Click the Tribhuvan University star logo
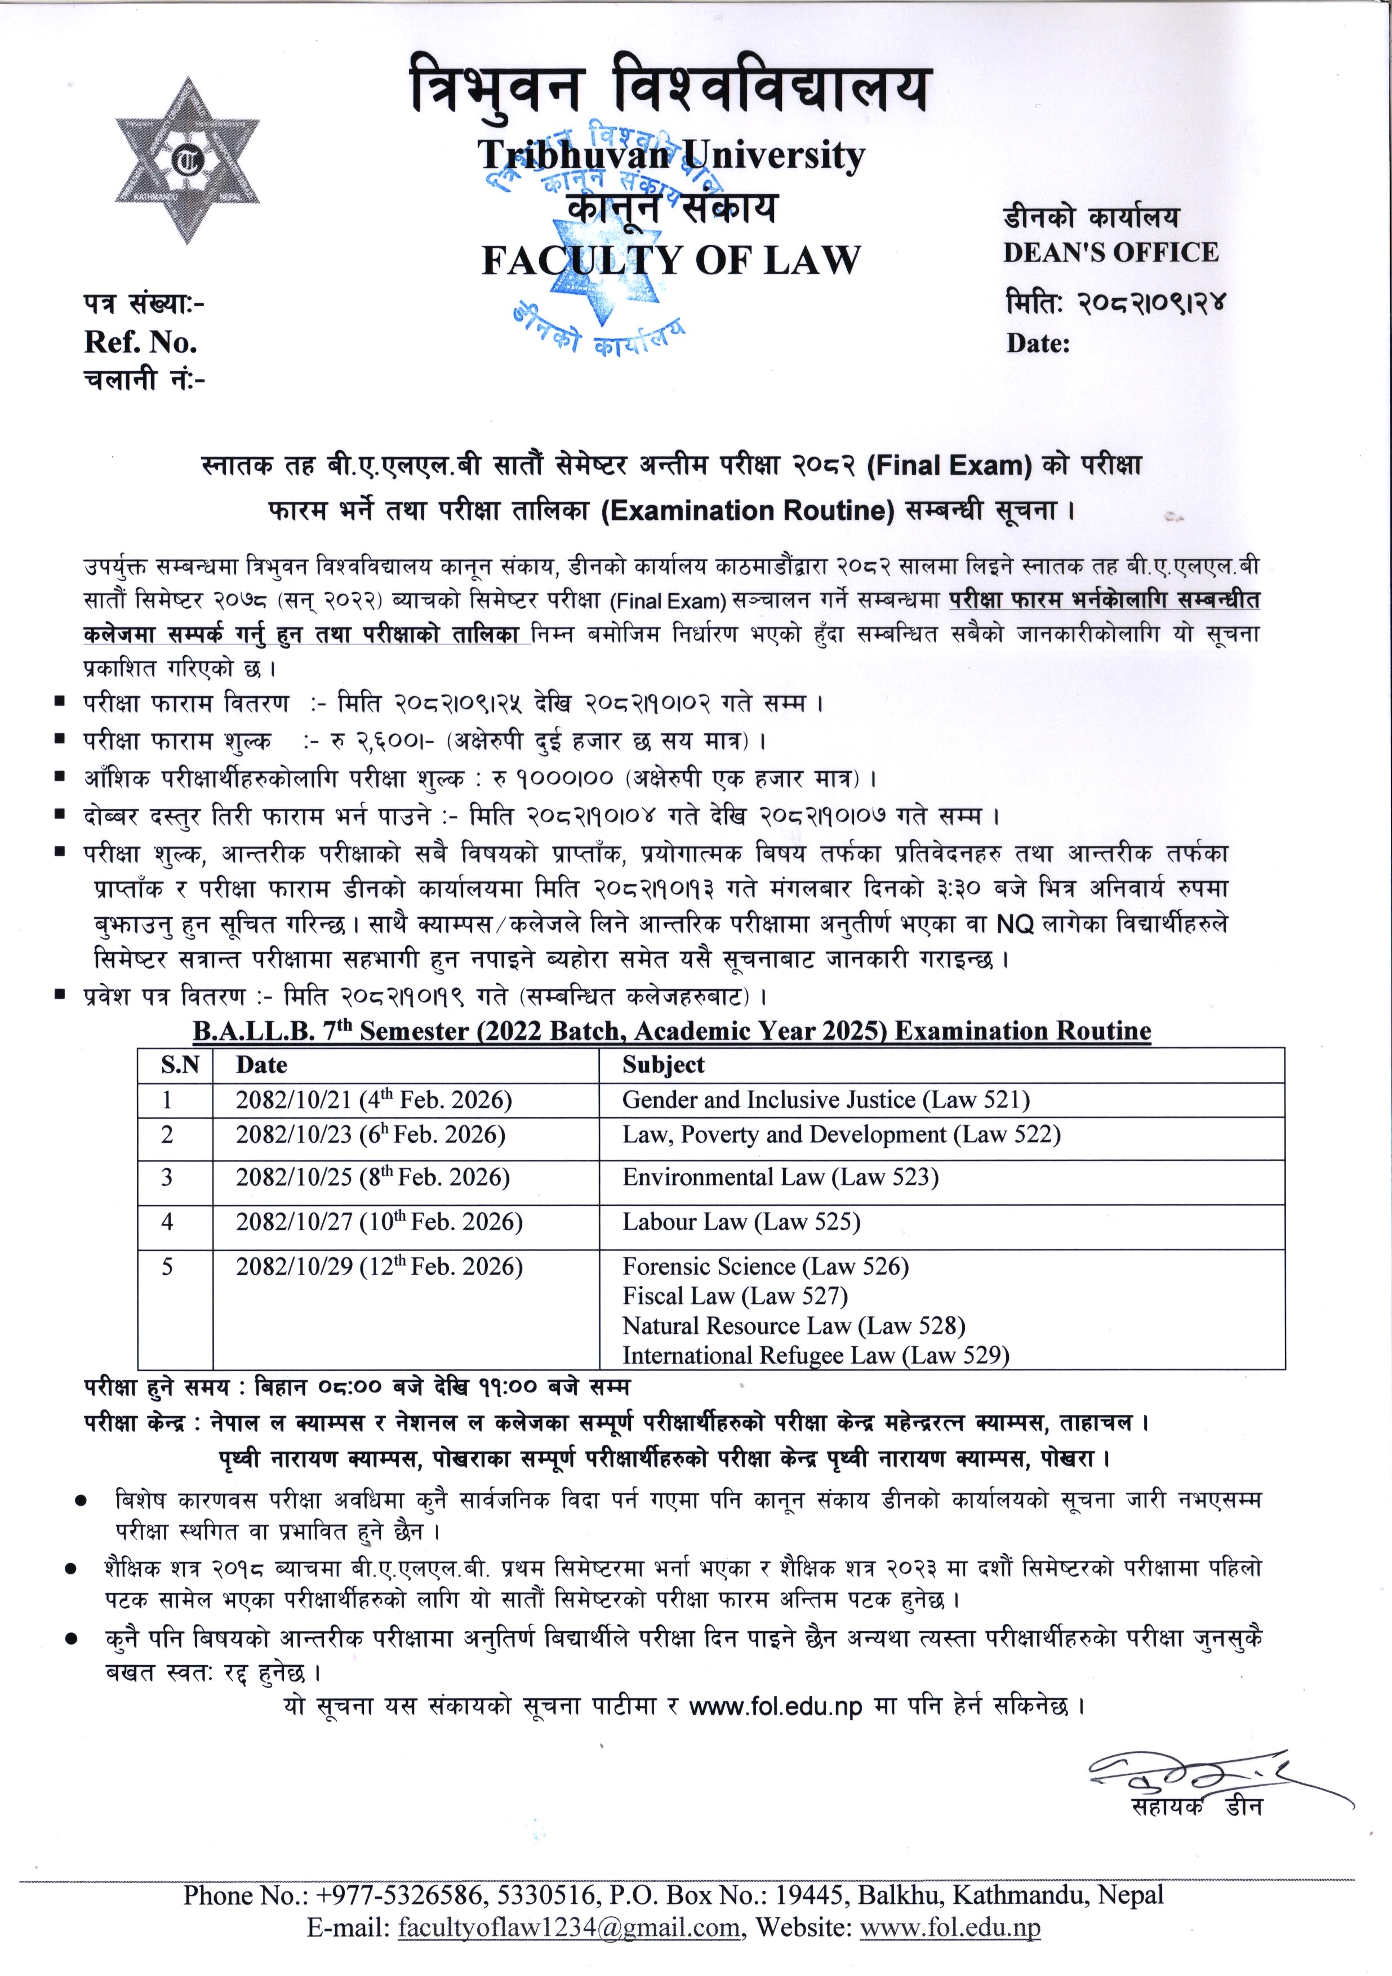coord(188,162)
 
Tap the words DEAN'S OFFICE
coord(1110,252)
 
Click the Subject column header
coord(663,1066)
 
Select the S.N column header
coord(180,1066)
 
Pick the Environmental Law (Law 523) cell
coord(780,1177)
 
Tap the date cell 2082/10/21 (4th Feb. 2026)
coord(373,1100)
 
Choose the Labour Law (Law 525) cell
coord(741,1222)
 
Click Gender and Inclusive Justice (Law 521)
coord(825,1100)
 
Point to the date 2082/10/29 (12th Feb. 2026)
coord(379,1267)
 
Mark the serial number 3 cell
coord(167,1177)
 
